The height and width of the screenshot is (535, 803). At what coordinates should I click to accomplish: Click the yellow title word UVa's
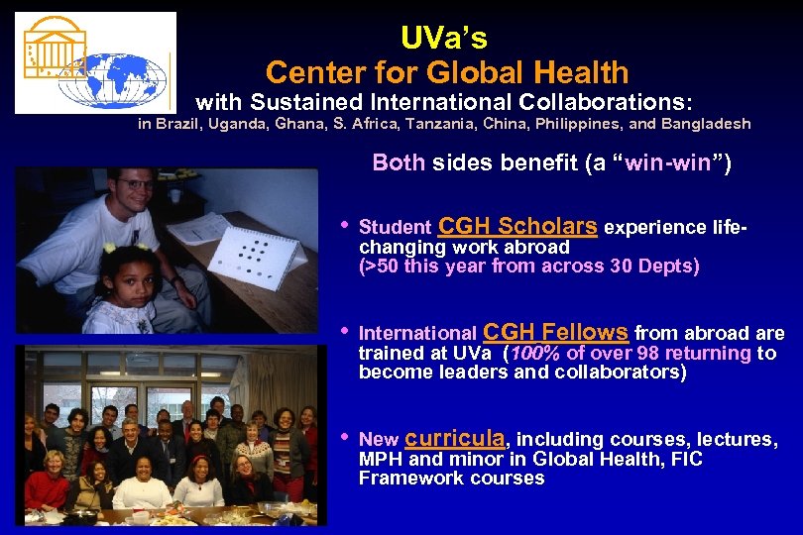pyautogui.click(x=444, y=38)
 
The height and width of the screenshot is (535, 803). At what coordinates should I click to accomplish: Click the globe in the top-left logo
pyautogui.click(x=112, y=78)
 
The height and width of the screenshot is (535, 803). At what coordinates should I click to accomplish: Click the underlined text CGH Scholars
pyautogui.click(x=517, y=226)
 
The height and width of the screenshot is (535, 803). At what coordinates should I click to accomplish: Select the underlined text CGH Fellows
pyautogui.click(x=556, y=332)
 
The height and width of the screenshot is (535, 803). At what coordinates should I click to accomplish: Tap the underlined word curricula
pyautogui.click(x=456, y=437)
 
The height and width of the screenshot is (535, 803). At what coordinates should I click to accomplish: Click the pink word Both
pyautogui.click(x=398, y=163)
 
